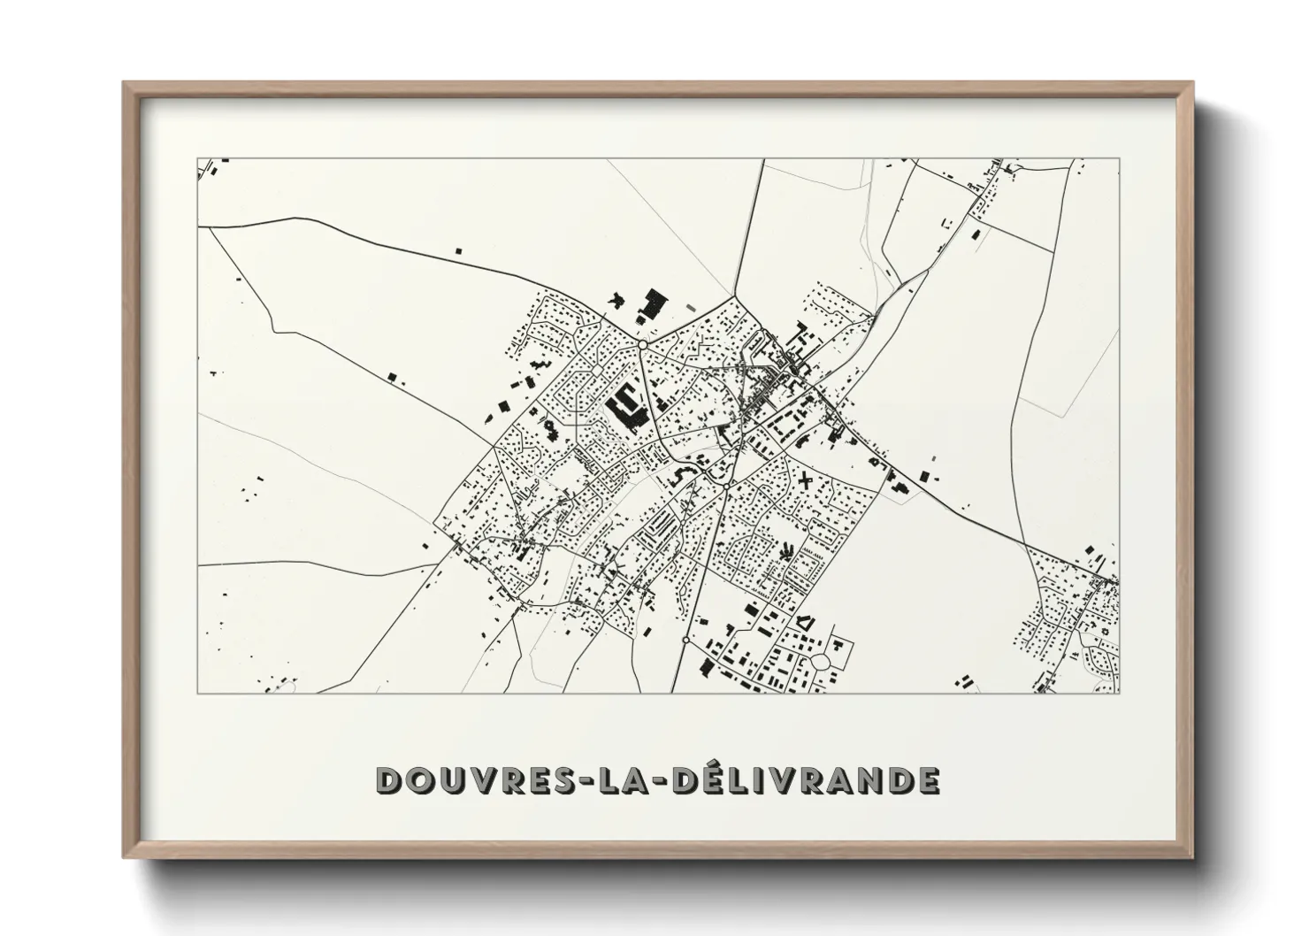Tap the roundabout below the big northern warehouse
click(x=643, y=343)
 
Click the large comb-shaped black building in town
click(x=625, y=410)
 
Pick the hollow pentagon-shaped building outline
click(x=805, y=622)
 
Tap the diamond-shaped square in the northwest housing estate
click(x=597, y=369)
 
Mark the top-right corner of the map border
click(x=1119, y=159)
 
